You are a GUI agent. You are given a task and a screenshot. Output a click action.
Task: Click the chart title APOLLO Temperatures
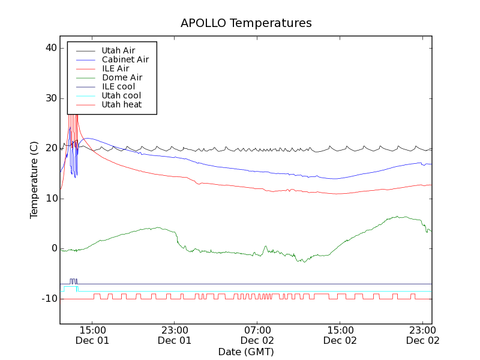tap(246, 23)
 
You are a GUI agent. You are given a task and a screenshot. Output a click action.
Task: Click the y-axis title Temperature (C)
tap(34, 180)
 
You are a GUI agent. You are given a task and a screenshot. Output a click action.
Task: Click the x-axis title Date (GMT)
tap(246, 352)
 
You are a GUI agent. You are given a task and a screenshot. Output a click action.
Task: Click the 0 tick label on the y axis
tap(53, 248)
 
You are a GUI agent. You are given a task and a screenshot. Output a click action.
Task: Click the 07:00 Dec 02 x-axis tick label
tap(257, 335)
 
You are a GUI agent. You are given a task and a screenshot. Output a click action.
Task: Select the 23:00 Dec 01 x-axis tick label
tap(174, 335)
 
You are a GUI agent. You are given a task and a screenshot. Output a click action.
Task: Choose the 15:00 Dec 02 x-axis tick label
tap(340, 335)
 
